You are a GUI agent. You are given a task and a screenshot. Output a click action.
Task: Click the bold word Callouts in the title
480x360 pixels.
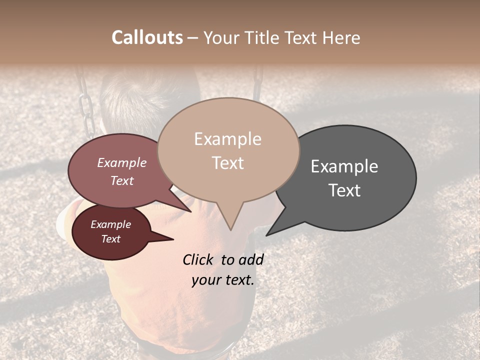click(147, 37)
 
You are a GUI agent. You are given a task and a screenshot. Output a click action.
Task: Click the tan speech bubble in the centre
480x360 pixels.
click(228, 150)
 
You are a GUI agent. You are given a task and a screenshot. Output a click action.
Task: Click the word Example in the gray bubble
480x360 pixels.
click(344, 166)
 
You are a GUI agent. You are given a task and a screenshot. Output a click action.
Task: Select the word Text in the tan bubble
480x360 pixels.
click(228, 163)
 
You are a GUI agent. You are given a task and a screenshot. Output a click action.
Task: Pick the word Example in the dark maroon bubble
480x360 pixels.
click(110, 224)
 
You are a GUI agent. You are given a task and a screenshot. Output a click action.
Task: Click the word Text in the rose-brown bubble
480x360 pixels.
click(121, 180)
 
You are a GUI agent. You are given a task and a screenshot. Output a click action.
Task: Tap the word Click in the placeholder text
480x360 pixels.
click(198, 259)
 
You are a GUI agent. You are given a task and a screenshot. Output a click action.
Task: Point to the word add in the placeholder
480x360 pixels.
click(251, 259)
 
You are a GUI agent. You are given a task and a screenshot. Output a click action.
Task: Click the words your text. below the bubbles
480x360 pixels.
click(223, 280)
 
